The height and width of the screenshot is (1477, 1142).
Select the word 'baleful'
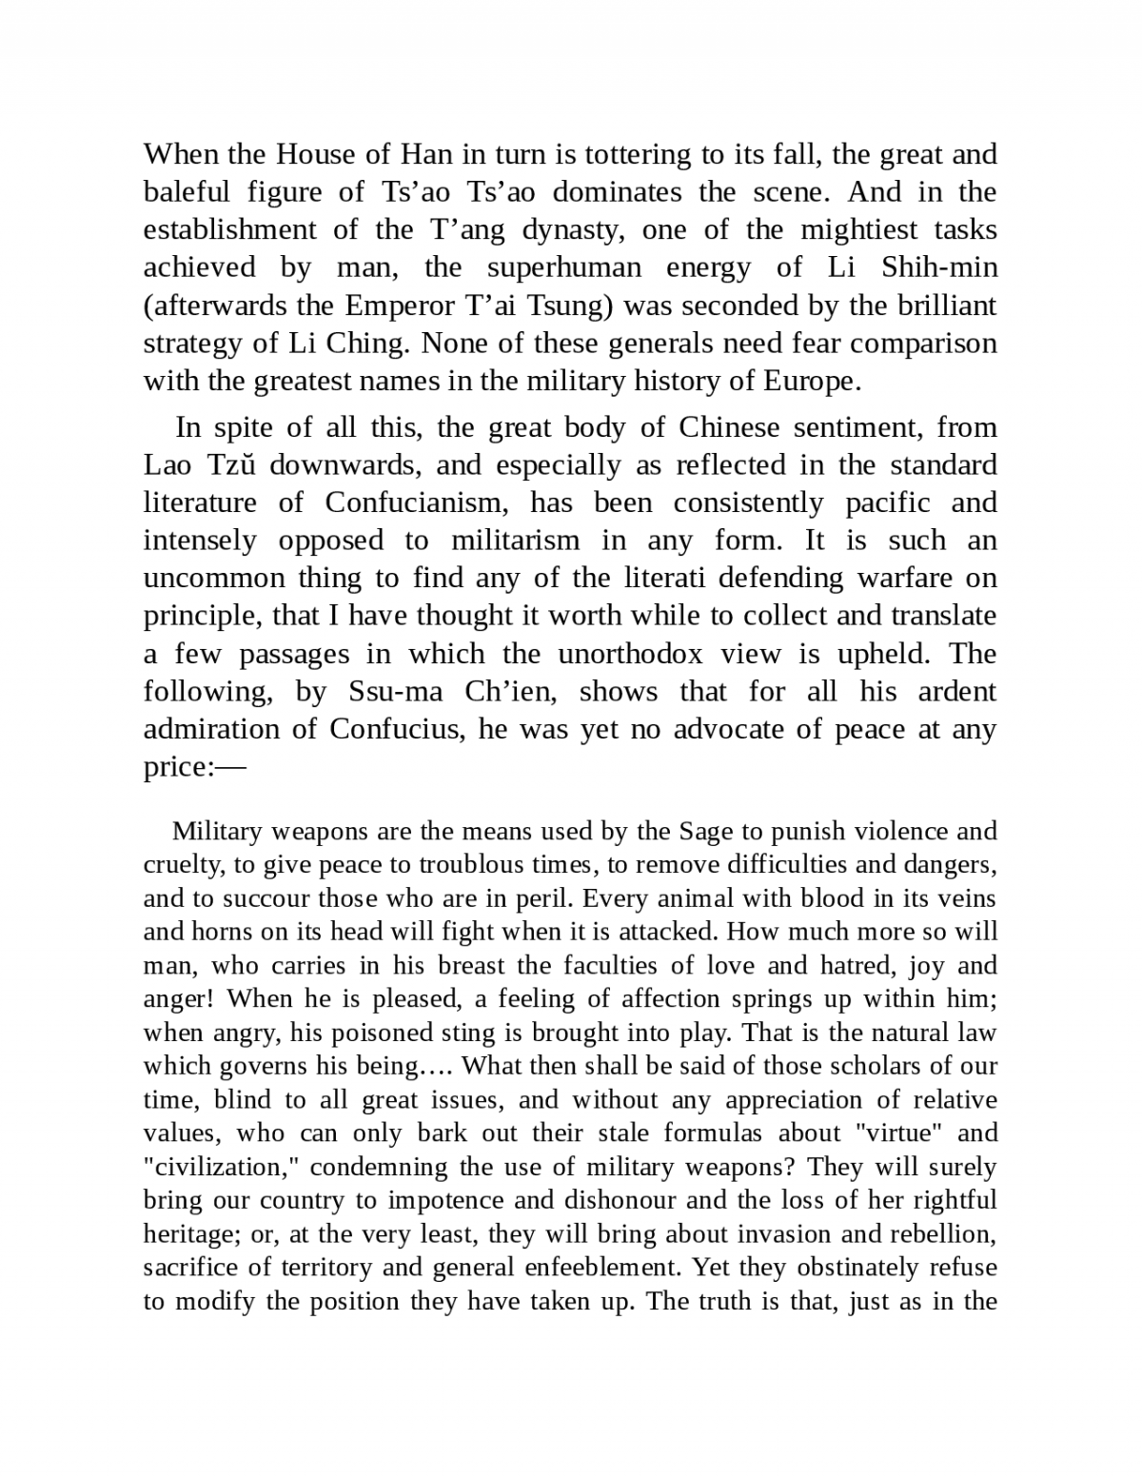pyautogui.click(x=187, y=192)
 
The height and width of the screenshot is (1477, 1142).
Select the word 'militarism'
pyautogui.click(x=515, y=541)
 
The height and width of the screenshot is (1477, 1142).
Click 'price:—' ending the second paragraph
pyautogui.click(x=194, y=767)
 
